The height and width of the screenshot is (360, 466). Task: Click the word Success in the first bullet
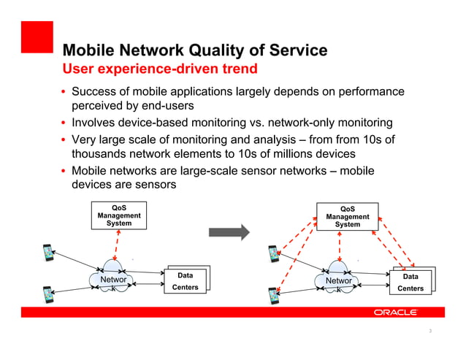tap(96, 92)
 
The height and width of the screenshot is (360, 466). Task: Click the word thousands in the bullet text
tap(101, 154)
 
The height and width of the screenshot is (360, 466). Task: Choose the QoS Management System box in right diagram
tap(347, 217)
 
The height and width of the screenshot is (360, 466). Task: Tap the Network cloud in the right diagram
tap(339, 279)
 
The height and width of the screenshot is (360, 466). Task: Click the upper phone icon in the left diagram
tap(48, 253)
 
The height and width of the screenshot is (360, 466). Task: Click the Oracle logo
tap(395, 312)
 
